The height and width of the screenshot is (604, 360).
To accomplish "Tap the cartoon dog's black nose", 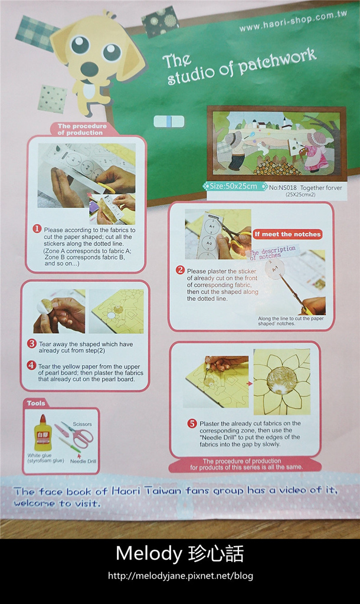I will [90, 69].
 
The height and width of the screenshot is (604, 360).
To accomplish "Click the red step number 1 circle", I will [37, 229].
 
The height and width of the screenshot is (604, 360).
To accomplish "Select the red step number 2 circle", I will [181, 270].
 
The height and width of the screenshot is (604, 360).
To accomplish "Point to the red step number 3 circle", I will [32, 343].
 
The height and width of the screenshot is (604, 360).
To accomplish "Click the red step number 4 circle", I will [32, 365].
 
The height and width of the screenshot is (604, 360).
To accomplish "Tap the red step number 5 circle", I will [192, 423].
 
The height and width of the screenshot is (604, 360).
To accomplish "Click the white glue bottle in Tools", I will [42, 433].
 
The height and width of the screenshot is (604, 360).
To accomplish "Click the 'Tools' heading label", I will [36, 403].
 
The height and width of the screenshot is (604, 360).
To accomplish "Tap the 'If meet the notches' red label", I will [288, 234].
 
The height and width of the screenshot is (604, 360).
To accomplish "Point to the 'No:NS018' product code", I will [282, 187].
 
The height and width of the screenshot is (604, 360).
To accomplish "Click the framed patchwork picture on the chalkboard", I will [277, 143].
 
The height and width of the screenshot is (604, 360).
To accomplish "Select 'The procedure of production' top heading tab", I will [82, 129].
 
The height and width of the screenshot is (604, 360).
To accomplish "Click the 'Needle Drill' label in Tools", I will [82, 461].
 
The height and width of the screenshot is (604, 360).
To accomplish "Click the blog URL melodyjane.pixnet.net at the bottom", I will [180, 576].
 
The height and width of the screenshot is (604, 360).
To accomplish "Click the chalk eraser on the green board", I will [169, 122].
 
